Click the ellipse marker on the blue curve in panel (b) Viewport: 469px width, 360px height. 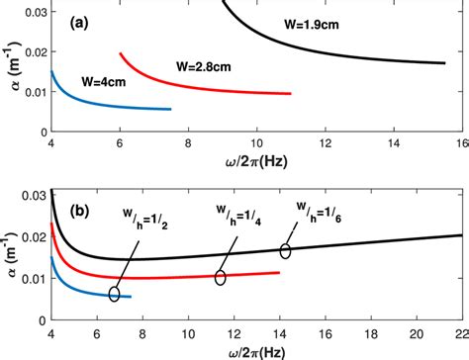(116, 294)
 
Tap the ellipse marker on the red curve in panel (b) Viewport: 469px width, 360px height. (220, 278)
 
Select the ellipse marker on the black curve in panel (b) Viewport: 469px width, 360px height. (286, 251)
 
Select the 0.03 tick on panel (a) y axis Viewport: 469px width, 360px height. (28, 12)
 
